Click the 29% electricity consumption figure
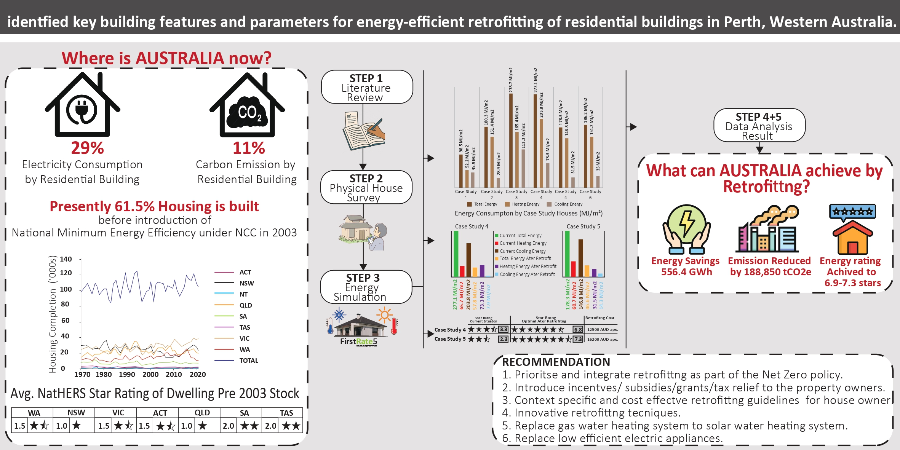pos(87,148)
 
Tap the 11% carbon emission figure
pos(249,148)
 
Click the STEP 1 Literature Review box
pos(366,87)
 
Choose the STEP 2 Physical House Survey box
pos(366,187)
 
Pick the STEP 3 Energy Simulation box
pos(366,287)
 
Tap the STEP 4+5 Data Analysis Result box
pos(759,126)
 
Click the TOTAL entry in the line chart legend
pos(248,361)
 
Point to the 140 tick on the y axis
pos(66,259)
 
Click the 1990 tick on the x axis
pos(127,375)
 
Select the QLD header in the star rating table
pos(202,413)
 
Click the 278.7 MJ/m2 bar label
pos(511,80)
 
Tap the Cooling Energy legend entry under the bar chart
pos(568,204)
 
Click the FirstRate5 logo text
pos(358,341)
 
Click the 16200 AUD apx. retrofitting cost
pos(602,339)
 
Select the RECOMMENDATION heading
pos(556,362)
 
